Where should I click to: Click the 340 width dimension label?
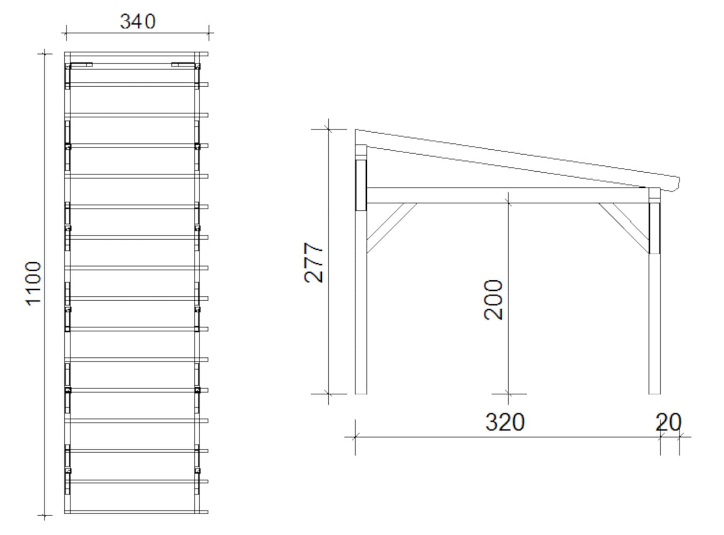click(x=138, y=21)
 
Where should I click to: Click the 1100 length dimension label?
click(x=33, y=283)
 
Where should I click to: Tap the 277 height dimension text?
click(x=314, y=263)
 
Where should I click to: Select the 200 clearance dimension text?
click(x=494, y=300)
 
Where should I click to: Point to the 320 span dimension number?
click(x=505, y=422)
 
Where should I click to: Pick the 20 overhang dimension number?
click(x=668, y=422)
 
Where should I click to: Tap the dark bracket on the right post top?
click(x=654, y=227)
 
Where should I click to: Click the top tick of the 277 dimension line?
click(x=328, y=129)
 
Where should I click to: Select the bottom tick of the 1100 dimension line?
click(x=44, y=516)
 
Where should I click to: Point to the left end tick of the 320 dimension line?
click(x=355, y=437)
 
